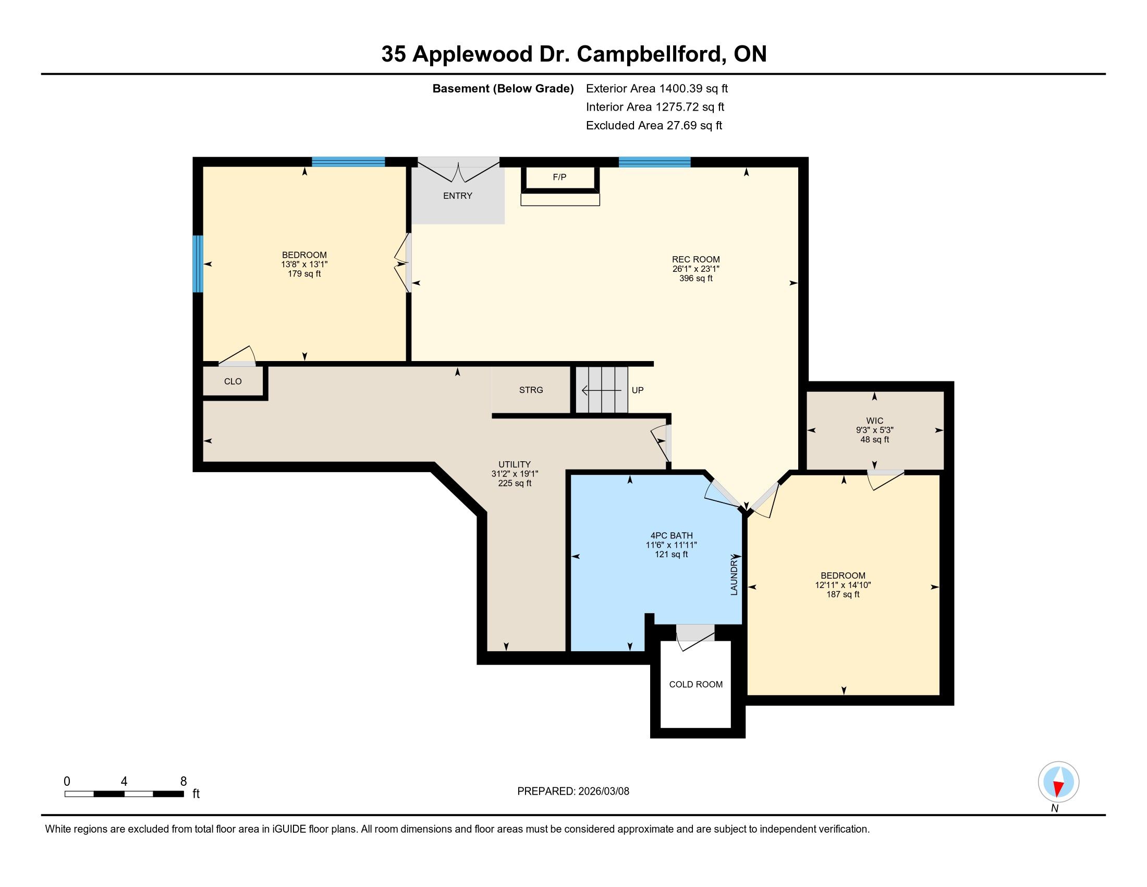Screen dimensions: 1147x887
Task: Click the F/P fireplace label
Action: tap(559, 177)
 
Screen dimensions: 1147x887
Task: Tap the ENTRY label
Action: tap(457, 196)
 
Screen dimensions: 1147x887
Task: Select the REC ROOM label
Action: tap(696, 259)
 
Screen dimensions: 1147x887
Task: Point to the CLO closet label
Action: tap(233, 381)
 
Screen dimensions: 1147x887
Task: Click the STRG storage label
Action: tap(531, 390)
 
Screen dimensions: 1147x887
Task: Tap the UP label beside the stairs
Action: tap(638, 390)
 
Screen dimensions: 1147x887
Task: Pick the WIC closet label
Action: tap(874, 421)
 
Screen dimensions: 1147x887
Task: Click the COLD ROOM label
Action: tap(696, 684)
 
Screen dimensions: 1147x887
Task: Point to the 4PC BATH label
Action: tap(671, 535)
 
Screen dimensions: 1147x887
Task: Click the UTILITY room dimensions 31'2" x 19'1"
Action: tap(515, 473)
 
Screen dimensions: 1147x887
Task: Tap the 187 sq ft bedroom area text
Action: tap(843, 594)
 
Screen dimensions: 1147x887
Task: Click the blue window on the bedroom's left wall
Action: tap(198, 264)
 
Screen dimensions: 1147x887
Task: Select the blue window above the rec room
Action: tap(654, 162)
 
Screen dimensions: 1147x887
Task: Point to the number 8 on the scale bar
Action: tap(184, 782)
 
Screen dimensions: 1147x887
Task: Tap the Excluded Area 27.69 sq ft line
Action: tap(654, 125)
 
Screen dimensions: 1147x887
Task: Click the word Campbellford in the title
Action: tap(652, 54)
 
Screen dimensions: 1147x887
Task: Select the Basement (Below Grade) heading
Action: tap(503, 88)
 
